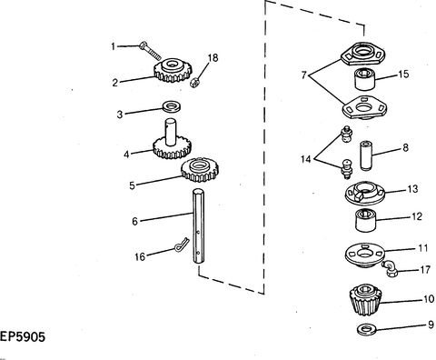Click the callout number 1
(x=114, y=45)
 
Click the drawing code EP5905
(x=23, y=337)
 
